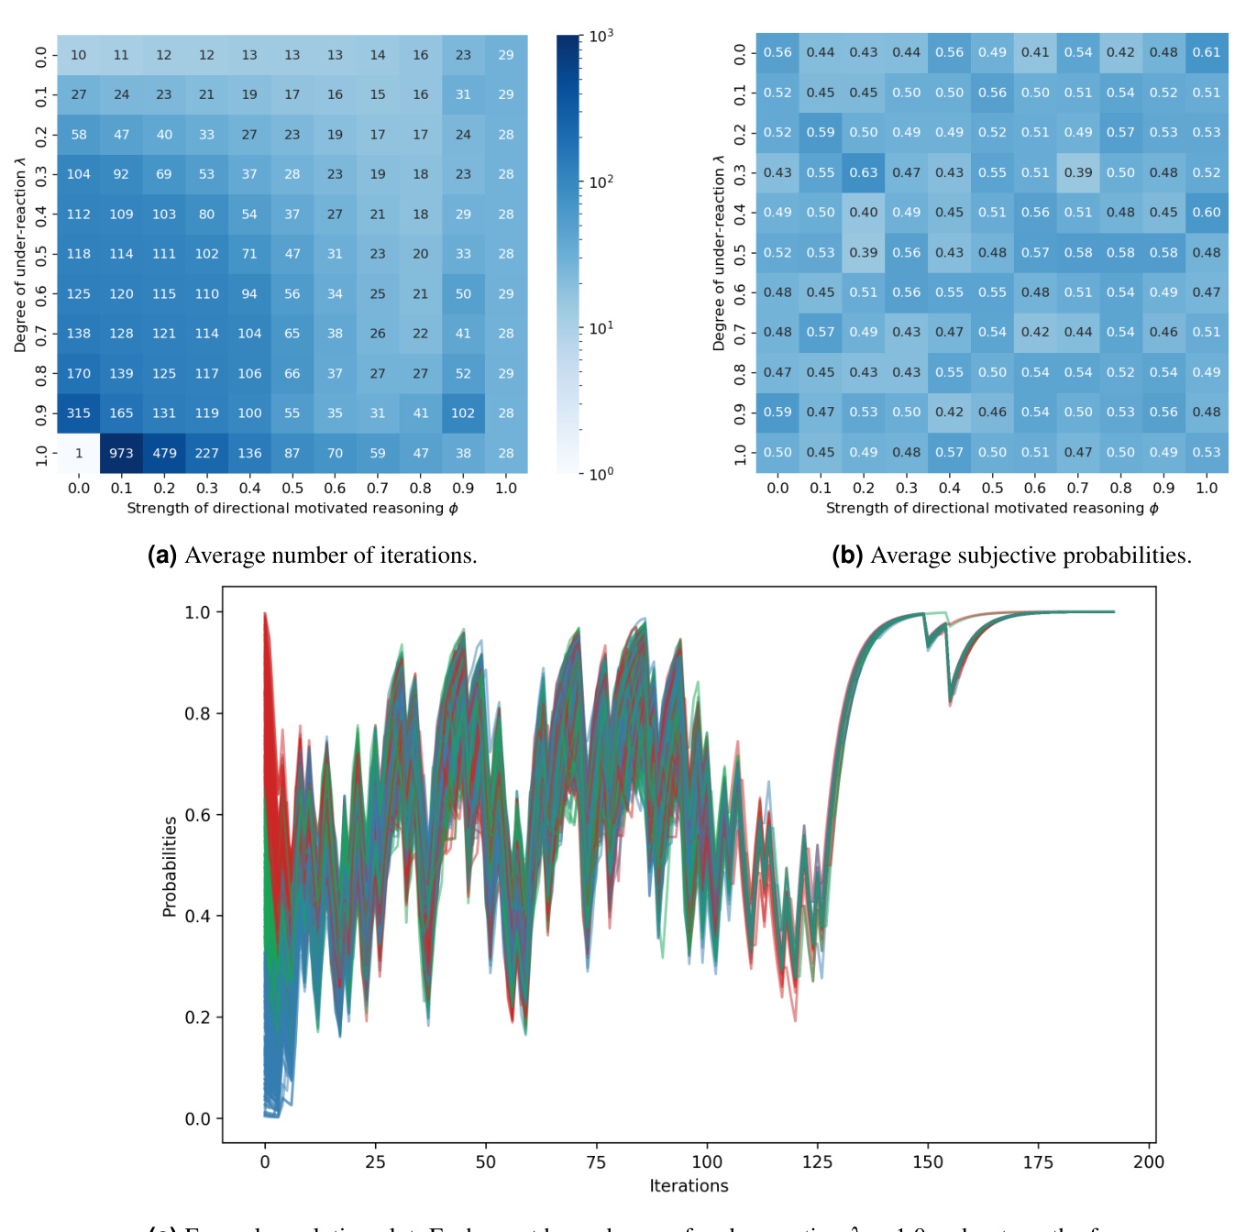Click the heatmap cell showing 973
pos(121,453)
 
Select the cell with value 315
pos(79,413)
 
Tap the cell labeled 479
pos(164,453)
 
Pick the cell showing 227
pos(207,453)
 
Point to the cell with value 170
pos(79,373)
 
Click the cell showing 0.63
pos(864,172)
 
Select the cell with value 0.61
pos(1207,52)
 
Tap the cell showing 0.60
pos(1207,213)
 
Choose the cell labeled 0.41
pos(1035,52)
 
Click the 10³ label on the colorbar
pos(601,36)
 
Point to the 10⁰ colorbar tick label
pos(601,474)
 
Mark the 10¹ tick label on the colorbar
pos(601,328)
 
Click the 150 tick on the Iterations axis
pos(928,1162)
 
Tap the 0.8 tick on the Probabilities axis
pos(198,714)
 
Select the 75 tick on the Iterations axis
pos(596,1162)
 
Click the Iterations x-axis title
pos(689,1186)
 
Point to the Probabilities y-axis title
pos(170,866)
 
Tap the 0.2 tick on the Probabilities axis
pos(198,1017)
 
